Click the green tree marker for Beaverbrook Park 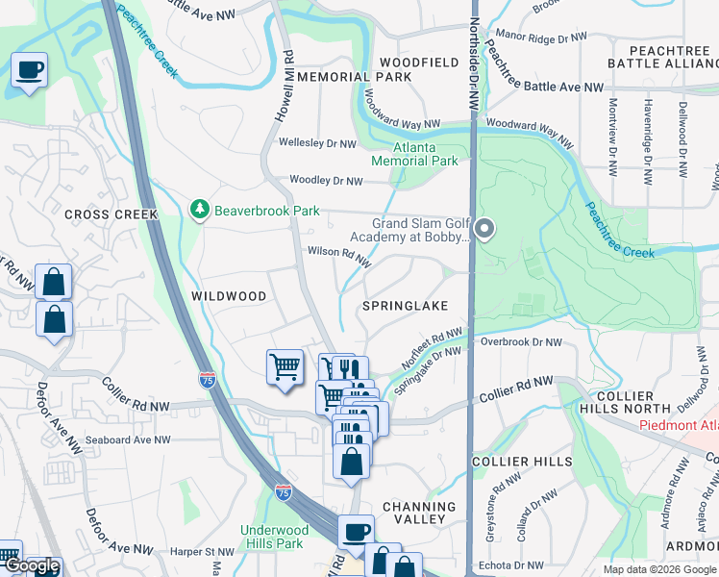200,210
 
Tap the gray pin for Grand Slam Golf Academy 485,229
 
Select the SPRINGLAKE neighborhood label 405,306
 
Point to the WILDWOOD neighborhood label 228,297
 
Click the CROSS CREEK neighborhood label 104,214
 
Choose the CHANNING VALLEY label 419,513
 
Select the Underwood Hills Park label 274,537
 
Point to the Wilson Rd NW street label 338,255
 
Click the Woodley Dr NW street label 327,181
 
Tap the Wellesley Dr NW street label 316,143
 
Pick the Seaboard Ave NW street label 127,440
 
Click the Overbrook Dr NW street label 520,341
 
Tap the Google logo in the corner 31,565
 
